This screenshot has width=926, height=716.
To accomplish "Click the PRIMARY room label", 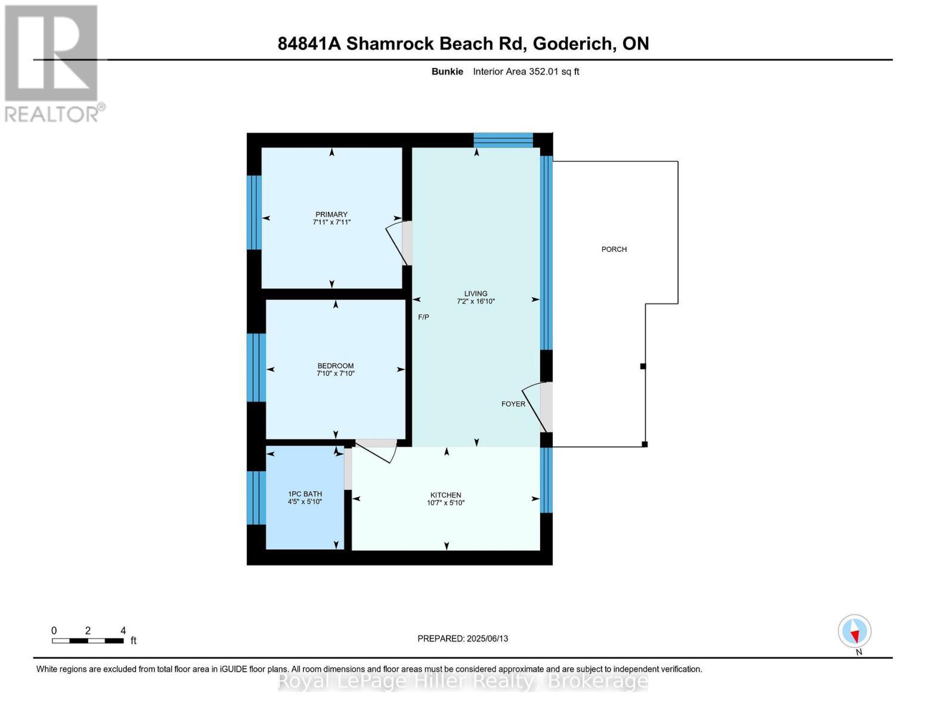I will click(331, 214).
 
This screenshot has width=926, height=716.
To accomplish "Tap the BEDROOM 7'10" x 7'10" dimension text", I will click(335, 374).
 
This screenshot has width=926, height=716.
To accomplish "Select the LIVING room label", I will click(476, 294).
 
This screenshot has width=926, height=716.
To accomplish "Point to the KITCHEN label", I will click(445, 495).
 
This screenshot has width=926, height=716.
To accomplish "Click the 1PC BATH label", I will click(305, 493).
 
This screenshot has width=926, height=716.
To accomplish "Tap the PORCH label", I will click(614, 249).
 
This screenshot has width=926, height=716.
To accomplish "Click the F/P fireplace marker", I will click(423, 317).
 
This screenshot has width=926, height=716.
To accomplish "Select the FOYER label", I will click(513, 404).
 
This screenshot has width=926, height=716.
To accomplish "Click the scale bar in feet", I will click(88, 640).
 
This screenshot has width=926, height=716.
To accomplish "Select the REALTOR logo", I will click(52, 63).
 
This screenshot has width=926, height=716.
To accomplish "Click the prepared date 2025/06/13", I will click(463, 638).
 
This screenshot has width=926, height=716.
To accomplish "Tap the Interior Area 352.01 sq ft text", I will click(526, 72).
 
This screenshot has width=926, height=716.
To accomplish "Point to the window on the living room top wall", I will click(503, 140).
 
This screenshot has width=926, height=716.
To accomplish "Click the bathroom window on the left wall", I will click(255, 498).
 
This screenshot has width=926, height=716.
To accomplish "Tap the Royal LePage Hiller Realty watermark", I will click(463, 681).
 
